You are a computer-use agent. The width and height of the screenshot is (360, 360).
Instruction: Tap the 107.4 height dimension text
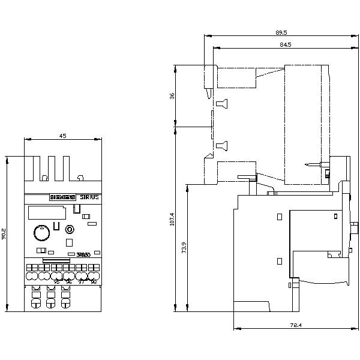[172, 219]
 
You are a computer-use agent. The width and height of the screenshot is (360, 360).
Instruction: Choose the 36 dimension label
[172, 96]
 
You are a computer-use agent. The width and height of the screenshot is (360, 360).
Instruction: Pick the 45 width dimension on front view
[62, 136]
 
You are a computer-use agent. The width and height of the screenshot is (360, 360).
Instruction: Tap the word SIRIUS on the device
[89, 197]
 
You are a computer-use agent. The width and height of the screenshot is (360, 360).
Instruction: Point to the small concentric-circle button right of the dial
[70, 230]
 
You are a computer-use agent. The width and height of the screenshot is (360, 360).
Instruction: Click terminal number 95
[57, 281]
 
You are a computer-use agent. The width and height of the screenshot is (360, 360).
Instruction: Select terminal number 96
[69, 281]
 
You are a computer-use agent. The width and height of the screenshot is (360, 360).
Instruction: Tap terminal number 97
[82, 281]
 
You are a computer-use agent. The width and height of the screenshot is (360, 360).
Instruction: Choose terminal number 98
[94, 281]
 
